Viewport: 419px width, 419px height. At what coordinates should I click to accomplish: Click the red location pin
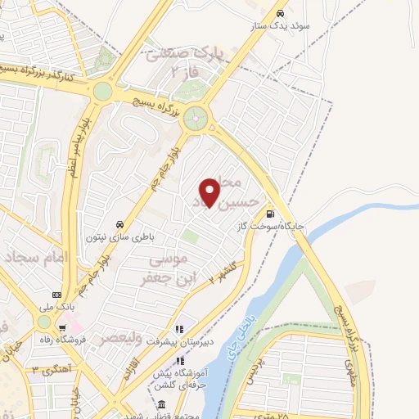tap(210, 192)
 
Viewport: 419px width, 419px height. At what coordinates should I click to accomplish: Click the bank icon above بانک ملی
tap(56, 295)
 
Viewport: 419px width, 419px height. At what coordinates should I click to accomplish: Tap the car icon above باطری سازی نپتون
tap(119, 224)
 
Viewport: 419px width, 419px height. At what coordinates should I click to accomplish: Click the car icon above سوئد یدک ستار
tap(280, 13)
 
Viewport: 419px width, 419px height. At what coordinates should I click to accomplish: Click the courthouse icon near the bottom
tap(161, 406)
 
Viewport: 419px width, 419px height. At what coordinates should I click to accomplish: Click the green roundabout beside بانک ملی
tap(43, 322)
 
